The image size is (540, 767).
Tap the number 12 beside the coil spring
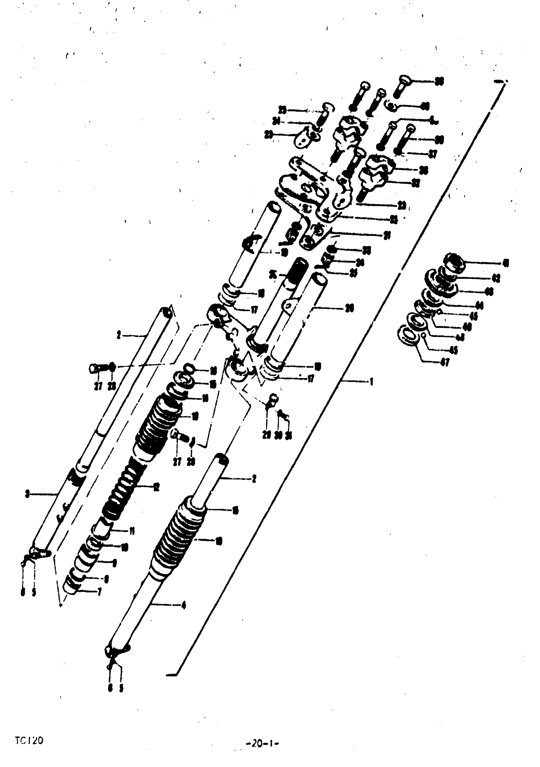tap(156, 488)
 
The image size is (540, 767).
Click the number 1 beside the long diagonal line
tap(371, 381)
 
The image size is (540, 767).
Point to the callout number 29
tap(266, 436)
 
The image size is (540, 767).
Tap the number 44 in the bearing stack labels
tap(479, 305)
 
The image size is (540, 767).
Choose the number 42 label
tap(496, 278)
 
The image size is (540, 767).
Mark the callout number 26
tap(349, 308)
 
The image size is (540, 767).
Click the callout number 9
tap(114, 563)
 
